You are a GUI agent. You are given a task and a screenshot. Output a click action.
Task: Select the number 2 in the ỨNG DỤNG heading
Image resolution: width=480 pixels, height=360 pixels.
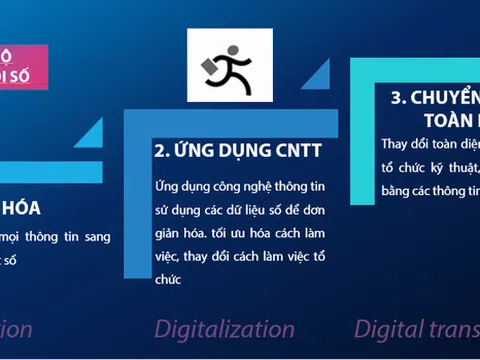point(159,151)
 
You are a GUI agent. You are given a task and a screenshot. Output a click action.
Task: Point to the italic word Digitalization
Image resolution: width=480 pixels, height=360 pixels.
point(223,328)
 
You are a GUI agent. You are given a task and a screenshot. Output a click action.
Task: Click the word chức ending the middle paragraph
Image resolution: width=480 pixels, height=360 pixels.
point(168,279)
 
